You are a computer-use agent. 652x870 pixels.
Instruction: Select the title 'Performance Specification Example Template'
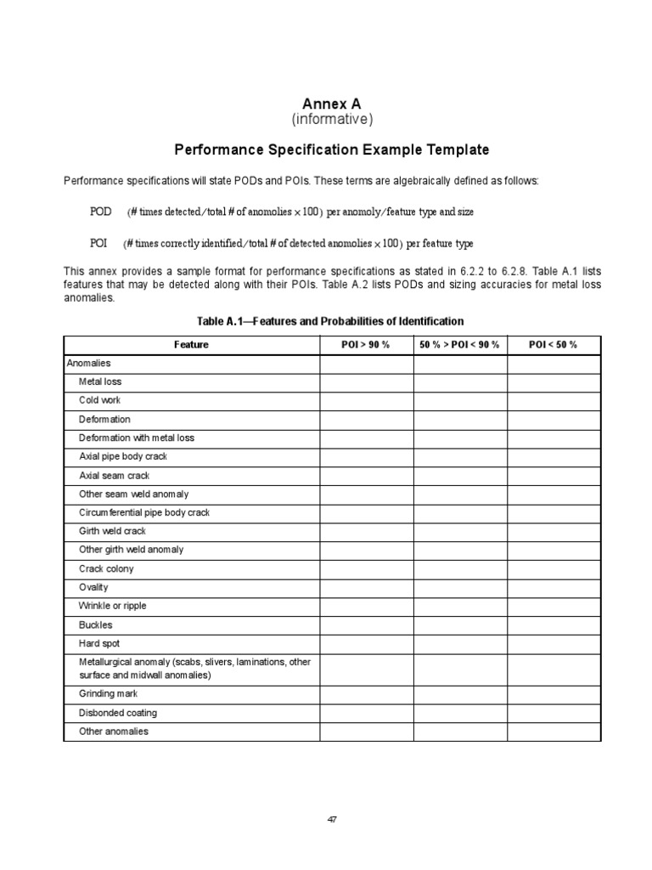pos(332,150)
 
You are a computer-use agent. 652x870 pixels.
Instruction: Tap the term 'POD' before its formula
pos(100,212)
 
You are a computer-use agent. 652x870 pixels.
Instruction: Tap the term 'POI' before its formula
pos(98,244)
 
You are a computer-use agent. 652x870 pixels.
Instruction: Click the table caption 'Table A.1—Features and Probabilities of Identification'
pos(330,321)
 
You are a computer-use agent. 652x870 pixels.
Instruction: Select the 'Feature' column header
pos(191,345)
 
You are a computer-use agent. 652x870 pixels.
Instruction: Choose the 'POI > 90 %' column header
pos(366,345)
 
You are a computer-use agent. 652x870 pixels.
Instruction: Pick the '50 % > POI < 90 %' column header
pos(460,345)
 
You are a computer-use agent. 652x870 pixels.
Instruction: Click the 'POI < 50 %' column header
pos(554,345)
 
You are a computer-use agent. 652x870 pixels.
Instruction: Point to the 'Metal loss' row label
pos(100,381)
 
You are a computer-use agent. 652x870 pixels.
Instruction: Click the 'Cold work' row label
pos(100,400)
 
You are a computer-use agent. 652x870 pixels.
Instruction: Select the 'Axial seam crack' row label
pos(114,476)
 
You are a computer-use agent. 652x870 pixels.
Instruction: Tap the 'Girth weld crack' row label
pos(113,531)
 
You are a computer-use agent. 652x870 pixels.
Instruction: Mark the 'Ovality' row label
pos(93,587)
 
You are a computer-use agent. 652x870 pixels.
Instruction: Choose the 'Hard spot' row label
pos(99,643)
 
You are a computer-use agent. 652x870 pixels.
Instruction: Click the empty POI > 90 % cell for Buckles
pos(366,624)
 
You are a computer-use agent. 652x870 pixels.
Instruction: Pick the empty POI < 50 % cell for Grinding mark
pos(554,694)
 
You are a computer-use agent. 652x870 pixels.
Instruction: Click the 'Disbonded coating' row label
pos(118,713)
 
